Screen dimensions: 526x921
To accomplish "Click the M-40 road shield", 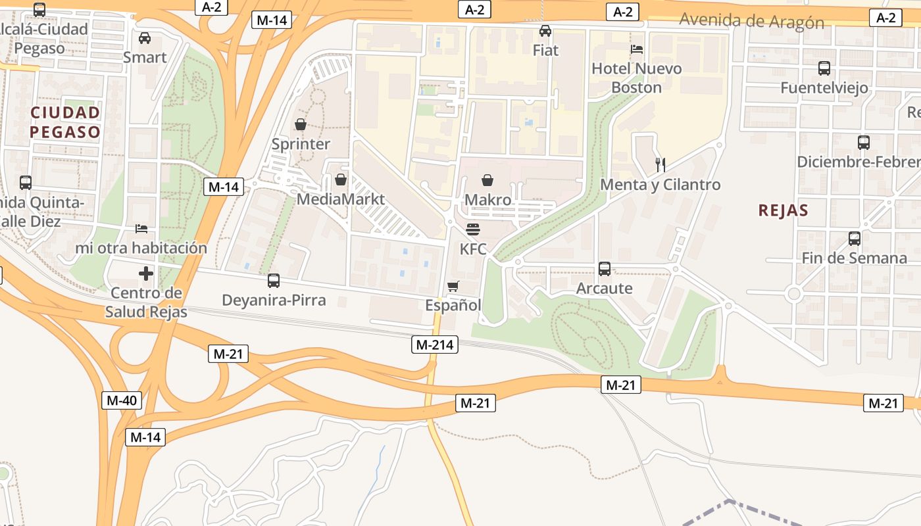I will click(122, 400).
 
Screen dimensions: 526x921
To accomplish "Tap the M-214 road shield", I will click(435, 344).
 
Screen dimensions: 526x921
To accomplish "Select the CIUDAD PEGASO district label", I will click(65, 122).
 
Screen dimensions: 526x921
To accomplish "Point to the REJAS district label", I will click(783, 210).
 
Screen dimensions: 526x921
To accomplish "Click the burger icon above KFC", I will click(473, 229).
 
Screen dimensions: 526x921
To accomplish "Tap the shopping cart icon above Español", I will click(453, 286).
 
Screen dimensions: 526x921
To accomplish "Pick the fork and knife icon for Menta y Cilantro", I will click(660, 164).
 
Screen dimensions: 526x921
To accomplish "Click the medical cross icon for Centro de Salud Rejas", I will click(146, 274).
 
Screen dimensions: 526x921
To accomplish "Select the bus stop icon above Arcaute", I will click(604, 269).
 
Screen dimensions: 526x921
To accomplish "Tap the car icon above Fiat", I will click(545, 31).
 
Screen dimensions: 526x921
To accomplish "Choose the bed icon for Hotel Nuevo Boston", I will click(636, 49).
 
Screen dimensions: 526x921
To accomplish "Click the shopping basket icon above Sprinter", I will click(301, 124).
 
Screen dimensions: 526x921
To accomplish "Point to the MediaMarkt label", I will click(341, 199).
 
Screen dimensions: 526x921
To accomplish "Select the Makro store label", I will click(487, 199).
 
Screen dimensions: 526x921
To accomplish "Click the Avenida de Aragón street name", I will click(751, 21).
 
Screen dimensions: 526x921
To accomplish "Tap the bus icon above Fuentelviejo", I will click(824, 68).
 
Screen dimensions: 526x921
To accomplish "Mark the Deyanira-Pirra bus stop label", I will click(274, 300).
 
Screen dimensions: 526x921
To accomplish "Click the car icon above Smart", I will click(145, 38).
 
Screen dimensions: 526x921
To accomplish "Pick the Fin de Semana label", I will click(854, 258).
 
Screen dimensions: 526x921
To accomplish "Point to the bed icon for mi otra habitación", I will click(141, 229).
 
